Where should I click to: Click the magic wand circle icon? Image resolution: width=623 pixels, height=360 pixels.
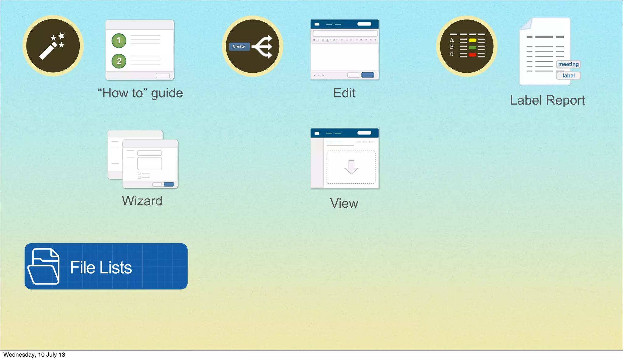tap(53, 46)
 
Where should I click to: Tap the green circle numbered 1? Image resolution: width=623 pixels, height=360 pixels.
tap(119, 40)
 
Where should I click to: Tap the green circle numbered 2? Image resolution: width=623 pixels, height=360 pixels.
tap(119, 61)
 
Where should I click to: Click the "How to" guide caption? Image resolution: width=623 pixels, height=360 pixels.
tap(140, 93)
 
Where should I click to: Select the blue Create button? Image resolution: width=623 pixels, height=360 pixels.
tap(239, 47)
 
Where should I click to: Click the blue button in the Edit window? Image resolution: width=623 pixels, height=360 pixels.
tap(367, 75)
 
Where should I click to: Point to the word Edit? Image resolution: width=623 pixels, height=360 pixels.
tap(344, 93)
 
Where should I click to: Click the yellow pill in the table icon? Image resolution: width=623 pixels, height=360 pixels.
tap(472, 40)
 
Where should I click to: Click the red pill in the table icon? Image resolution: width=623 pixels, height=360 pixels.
tap(472, 55)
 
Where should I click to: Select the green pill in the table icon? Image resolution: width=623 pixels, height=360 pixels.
tap(472, 48)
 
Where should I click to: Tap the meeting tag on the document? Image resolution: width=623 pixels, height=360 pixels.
tap(568, 64)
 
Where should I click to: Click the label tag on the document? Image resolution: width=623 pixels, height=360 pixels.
tap(568, 76)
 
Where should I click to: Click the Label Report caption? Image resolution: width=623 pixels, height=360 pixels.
tap(547, 100)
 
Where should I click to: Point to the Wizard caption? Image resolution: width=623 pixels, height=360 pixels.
tap(142, 201)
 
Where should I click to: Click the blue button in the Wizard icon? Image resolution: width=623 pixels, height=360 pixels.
tap(169, 185)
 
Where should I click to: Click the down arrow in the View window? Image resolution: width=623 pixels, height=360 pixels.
tap(351, 167)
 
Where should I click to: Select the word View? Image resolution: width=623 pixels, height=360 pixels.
tap(344, 203)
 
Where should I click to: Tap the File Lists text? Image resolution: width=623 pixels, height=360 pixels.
tap(101, 268)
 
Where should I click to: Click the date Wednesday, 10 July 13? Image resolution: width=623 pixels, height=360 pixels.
tap(34, 355)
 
